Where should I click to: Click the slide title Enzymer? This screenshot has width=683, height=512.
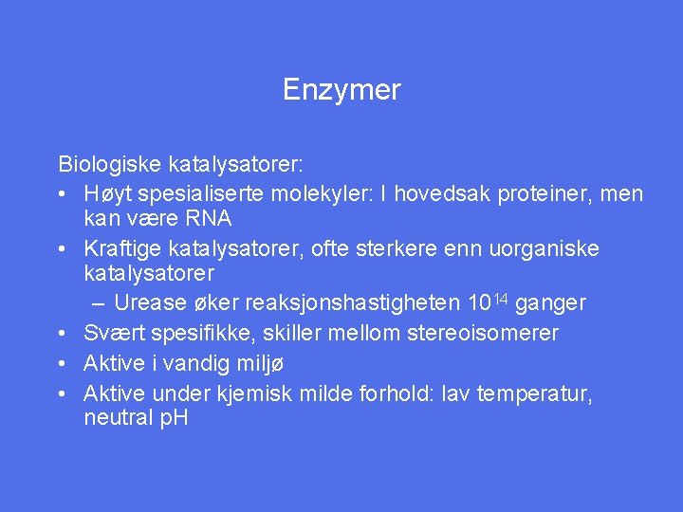[341, 90]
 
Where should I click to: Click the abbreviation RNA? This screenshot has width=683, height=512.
[207, 218]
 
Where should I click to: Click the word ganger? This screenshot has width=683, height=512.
[551, 304]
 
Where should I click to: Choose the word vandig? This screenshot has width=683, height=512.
[203, 363]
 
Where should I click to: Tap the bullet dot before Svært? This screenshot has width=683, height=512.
[61, 334]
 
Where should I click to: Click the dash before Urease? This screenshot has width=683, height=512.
[100, 303]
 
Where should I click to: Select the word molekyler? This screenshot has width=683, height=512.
[306, 193]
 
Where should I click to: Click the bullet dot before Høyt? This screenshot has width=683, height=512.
[61, 194]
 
